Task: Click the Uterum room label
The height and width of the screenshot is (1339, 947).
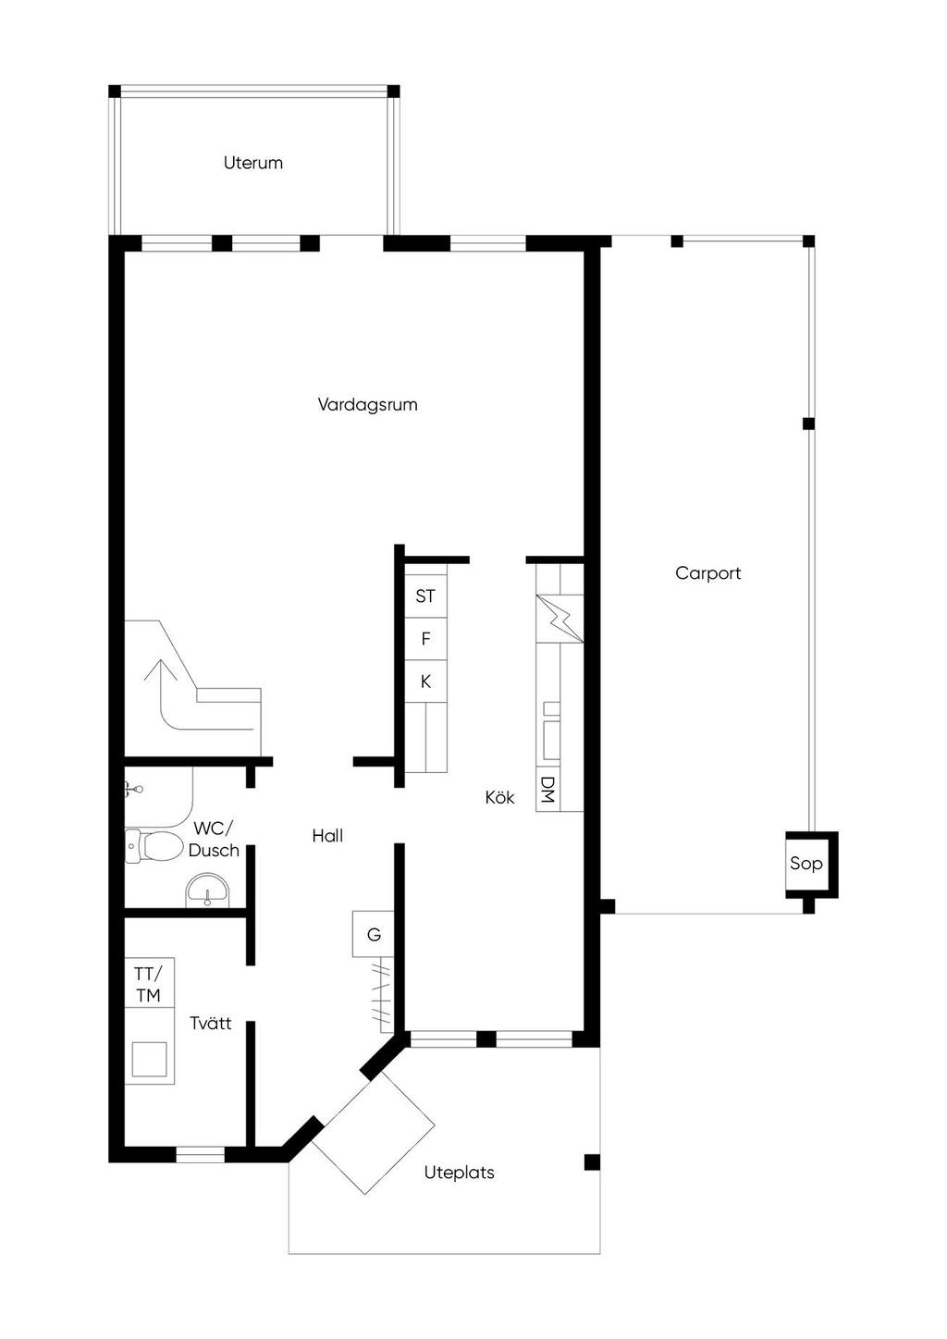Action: [252, 163]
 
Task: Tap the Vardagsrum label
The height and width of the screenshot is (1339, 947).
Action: [367, 405]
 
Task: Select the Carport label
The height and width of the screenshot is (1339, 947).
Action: [707, 573]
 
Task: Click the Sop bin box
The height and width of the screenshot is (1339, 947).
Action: [811, 865]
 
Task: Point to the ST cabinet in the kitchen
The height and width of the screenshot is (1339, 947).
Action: [425, 596]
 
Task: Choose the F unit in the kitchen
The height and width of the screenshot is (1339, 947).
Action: [425, 639]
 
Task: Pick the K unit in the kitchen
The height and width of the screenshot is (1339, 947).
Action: [425, 682]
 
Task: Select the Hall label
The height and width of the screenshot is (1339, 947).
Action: [327, 836]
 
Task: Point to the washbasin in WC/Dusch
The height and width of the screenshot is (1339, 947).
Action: [207, 891]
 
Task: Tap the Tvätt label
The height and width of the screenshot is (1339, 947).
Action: [211, 1024]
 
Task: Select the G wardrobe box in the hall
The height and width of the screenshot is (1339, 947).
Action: [373, 934]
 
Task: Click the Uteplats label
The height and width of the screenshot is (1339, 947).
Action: [459, 1173]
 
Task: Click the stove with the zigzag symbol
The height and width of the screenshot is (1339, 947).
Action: [560, 619]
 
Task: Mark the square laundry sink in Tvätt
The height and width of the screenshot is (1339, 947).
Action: [150, 1059]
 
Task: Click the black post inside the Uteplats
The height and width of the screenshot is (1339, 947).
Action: [592, 1162]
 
